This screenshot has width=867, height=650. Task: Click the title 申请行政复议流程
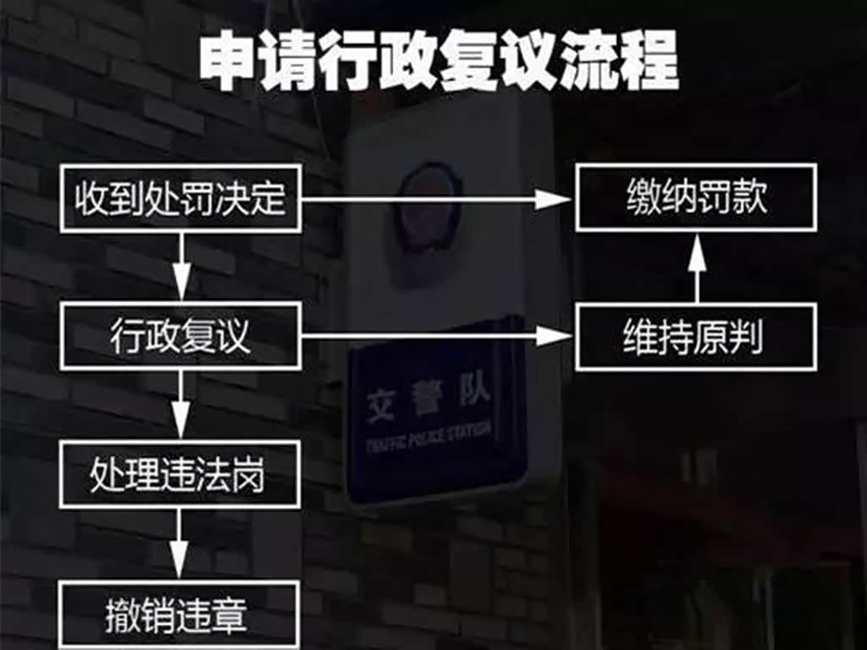click(x=439, y=61)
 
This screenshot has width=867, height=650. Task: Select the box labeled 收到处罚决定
click(x=180, y=199)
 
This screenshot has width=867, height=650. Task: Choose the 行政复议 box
click(x=180, y=338)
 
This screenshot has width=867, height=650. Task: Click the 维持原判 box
click(x=696, y=338)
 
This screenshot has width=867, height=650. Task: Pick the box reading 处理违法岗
click(x=180, y=475)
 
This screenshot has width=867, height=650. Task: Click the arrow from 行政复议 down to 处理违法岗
click(x=180, y=406)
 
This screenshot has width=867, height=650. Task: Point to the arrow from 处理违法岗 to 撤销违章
click(x=180, y=545)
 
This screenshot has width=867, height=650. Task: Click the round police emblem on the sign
click(x=428, y=208)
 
